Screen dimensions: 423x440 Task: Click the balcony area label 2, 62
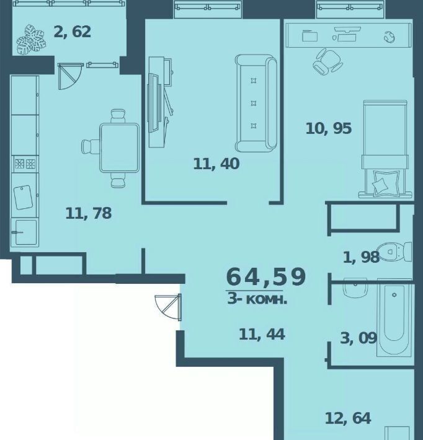point(72,32)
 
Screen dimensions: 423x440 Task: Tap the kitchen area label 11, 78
point(88,213)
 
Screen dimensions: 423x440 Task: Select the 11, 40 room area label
point(216,164)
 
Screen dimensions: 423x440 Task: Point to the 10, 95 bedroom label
point(328,128)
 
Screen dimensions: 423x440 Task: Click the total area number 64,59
point(265,277)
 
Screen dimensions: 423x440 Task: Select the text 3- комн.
point(257,299)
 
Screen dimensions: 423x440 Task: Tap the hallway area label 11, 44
point(262,334)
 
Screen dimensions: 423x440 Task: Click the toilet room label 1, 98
point(361,257)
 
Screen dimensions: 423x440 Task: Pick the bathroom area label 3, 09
point(358,338)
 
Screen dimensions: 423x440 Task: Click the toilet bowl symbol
point(394,252)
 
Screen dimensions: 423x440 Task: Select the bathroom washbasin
point(355,288)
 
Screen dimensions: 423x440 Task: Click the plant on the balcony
point(31,40)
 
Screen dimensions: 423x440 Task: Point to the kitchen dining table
point(120,148)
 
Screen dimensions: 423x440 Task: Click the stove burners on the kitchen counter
point(25,164)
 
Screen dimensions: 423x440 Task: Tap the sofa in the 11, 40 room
point(256,103)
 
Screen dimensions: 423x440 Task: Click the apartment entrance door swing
point(168,307)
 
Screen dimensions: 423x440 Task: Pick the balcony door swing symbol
point(69,76)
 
